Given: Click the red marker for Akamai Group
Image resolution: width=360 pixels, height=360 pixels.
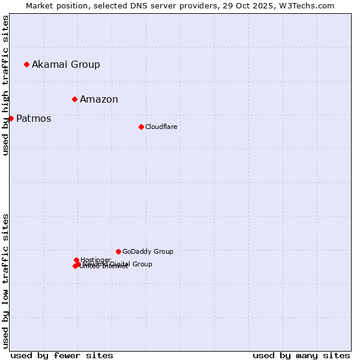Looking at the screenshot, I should [26, 64].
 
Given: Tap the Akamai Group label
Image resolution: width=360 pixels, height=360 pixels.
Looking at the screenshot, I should [66, 64].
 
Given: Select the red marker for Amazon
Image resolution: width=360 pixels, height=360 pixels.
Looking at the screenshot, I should [74, 99].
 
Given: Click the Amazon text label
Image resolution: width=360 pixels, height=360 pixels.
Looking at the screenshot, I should [99, 99].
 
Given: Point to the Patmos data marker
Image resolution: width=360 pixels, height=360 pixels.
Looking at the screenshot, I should [11, 118].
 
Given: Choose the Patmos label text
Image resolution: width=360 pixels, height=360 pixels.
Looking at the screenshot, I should [34, 118].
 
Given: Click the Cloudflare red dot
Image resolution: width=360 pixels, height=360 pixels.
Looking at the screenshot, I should [141, 127].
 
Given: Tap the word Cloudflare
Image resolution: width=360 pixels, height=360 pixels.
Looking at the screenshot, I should [161, 127].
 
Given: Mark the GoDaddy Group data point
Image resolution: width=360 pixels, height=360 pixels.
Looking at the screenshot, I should [118, 251].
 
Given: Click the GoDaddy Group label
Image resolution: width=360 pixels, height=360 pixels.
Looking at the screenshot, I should [148, 251].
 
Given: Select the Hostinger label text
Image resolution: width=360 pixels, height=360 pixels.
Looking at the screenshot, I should [95, 260].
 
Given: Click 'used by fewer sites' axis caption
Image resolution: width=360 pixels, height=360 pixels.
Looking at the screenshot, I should [62, 355].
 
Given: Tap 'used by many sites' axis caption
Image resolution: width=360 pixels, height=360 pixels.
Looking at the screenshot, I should [301, 355].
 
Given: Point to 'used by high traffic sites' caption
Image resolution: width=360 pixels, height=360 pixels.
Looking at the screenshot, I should [5, 85].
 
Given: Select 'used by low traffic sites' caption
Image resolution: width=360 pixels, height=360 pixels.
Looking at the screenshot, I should [5, 281].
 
